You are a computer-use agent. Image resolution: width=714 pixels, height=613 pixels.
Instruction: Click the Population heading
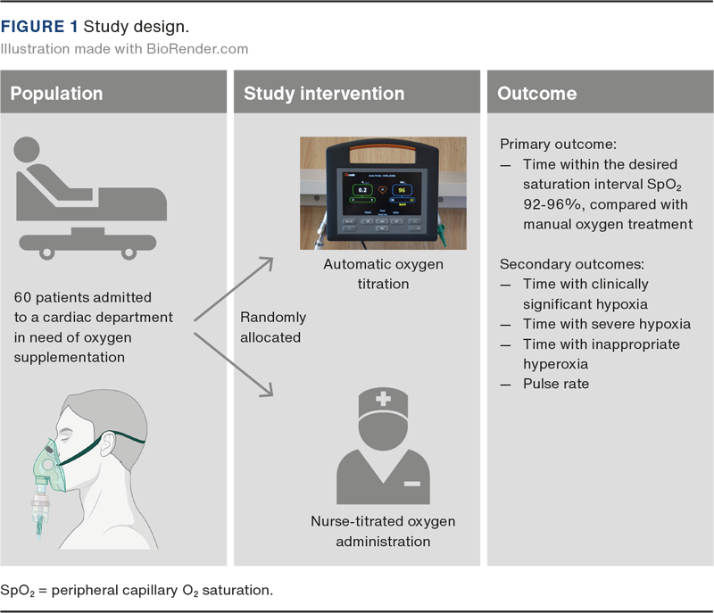click(56, 94)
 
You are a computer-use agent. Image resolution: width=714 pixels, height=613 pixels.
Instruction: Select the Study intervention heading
click(324, 94)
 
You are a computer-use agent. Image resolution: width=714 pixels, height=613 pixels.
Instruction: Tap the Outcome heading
click(536, 94)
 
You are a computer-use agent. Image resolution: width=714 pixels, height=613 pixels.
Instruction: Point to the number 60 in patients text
click(24, 297)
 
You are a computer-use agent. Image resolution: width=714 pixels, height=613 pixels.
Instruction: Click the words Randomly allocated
click(273, 327)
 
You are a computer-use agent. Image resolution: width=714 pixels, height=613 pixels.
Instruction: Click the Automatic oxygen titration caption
click(384, 274)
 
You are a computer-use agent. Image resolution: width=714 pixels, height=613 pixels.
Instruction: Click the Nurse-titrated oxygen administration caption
click(383, 532)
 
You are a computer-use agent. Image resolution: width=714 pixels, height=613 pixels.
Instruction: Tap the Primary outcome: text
click(552, 145)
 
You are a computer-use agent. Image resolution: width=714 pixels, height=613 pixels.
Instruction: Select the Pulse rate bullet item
click(556, 384)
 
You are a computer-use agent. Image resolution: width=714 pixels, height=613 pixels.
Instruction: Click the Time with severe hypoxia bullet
click(607, 324)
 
